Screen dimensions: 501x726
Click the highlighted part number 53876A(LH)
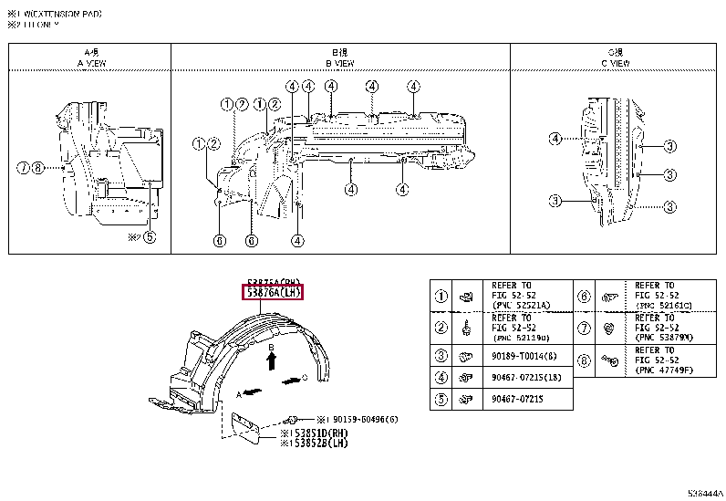[x=273, y=293]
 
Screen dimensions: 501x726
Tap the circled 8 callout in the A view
[x=37, y=168]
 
